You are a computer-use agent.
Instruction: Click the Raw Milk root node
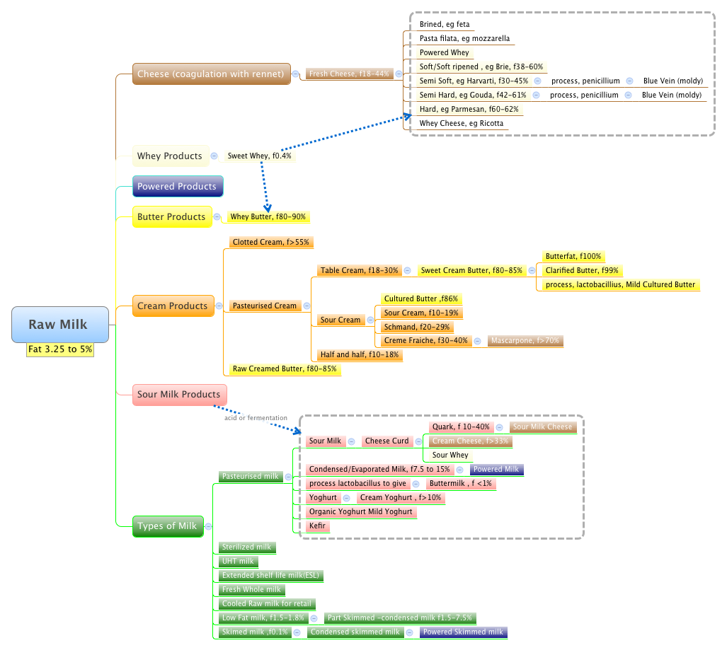(x=59, y=325)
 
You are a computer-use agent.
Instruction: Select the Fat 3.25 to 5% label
(x=60, y=349)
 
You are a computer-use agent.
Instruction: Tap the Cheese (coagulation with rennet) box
(x=212, y=74)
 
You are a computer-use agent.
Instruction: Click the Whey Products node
(x=168, y=156)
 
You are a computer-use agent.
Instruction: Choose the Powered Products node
(x=177, y=186)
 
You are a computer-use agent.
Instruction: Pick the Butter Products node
(x=171, y=216)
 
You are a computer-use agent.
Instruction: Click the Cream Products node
(x=173, y=306)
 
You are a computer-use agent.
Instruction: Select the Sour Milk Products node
(x=178, y=394)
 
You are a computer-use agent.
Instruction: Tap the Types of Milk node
(x=167, y=526)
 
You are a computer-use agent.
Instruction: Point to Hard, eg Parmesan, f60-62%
(x=469, y=109)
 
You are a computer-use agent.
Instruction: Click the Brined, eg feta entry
(x=445, y=24)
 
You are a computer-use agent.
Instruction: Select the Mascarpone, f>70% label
(x=525, y=341)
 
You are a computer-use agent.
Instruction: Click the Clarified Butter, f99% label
(x=582, y=270)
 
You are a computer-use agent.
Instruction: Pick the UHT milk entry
(x=237, y=561)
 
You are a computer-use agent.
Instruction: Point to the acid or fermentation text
(x=256, y=418)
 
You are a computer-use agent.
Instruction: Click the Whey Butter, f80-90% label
(x=268, y=217)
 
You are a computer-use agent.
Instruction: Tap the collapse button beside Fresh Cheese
(x=399, y=74)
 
